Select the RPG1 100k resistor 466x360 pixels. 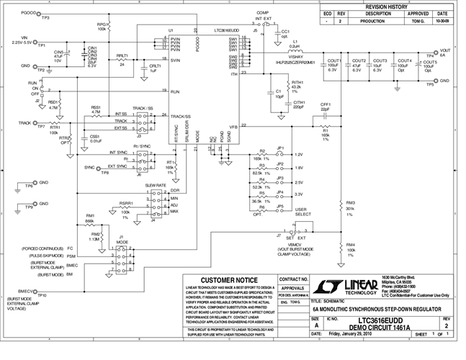click(108, 27)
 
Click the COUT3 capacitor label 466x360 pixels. click(380, 62)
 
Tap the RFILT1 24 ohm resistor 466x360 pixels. click(122, 60)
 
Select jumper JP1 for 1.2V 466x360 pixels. click(281, 153)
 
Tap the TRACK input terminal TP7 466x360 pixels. click(37, 123)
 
